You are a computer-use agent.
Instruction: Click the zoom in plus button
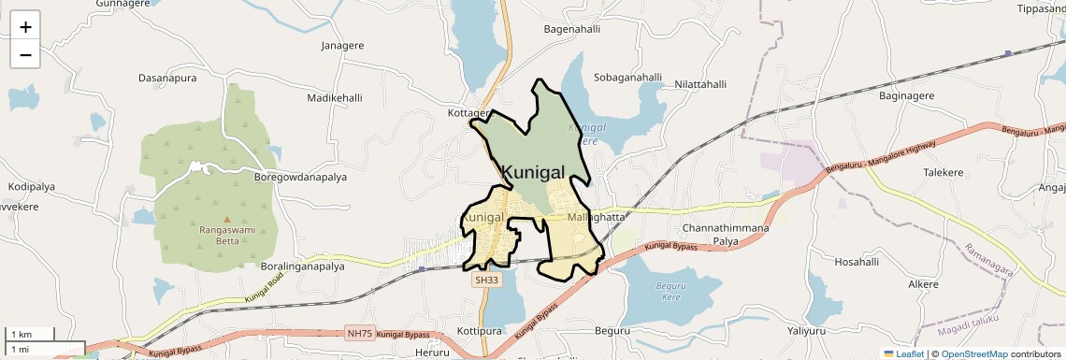25,26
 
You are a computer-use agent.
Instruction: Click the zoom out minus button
25,54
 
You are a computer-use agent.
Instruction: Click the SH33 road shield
486,280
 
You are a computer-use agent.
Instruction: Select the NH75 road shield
358,333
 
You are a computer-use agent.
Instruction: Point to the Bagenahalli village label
571,29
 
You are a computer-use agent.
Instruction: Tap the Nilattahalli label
693,84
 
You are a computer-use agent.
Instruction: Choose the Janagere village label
342,45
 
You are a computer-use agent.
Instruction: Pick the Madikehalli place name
334,97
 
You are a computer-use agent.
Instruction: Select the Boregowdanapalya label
301,176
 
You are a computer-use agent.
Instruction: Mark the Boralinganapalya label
303,266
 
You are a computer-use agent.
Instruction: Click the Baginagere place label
907,95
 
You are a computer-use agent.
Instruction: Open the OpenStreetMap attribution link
973,354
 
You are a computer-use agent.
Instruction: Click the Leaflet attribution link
904,354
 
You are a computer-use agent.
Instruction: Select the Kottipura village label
481,331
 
